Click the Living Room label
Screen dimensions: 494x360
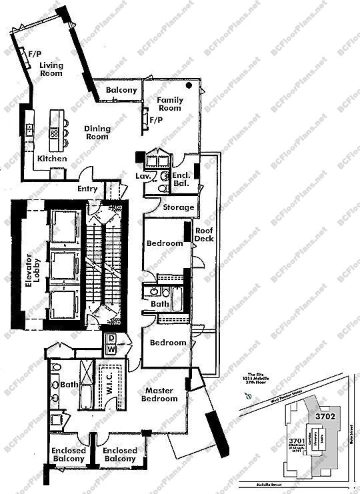click(51, 69)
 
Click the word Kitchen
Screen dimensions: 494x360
click(51, 159)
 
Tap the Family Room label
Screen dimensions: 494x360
click(169, 103)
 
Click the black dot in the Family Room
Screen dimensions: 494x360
click(190, 85)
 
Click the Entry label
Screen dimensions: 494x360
click(87, 189)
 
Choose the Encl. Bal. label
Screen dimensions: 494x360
click(181, 178)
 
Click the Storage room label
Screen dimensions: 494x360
click(179, 207)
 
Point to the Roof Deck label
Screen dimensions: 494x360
click(203, 235)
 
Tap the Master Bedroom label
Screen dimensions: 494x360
click(160, 394)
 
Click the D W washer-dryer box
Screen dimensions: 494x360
click(111, 343)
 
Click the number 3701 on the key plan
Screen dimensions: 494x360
click(298, 440)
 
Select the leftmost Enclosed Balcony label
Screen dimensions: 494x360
click(69, 455)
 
